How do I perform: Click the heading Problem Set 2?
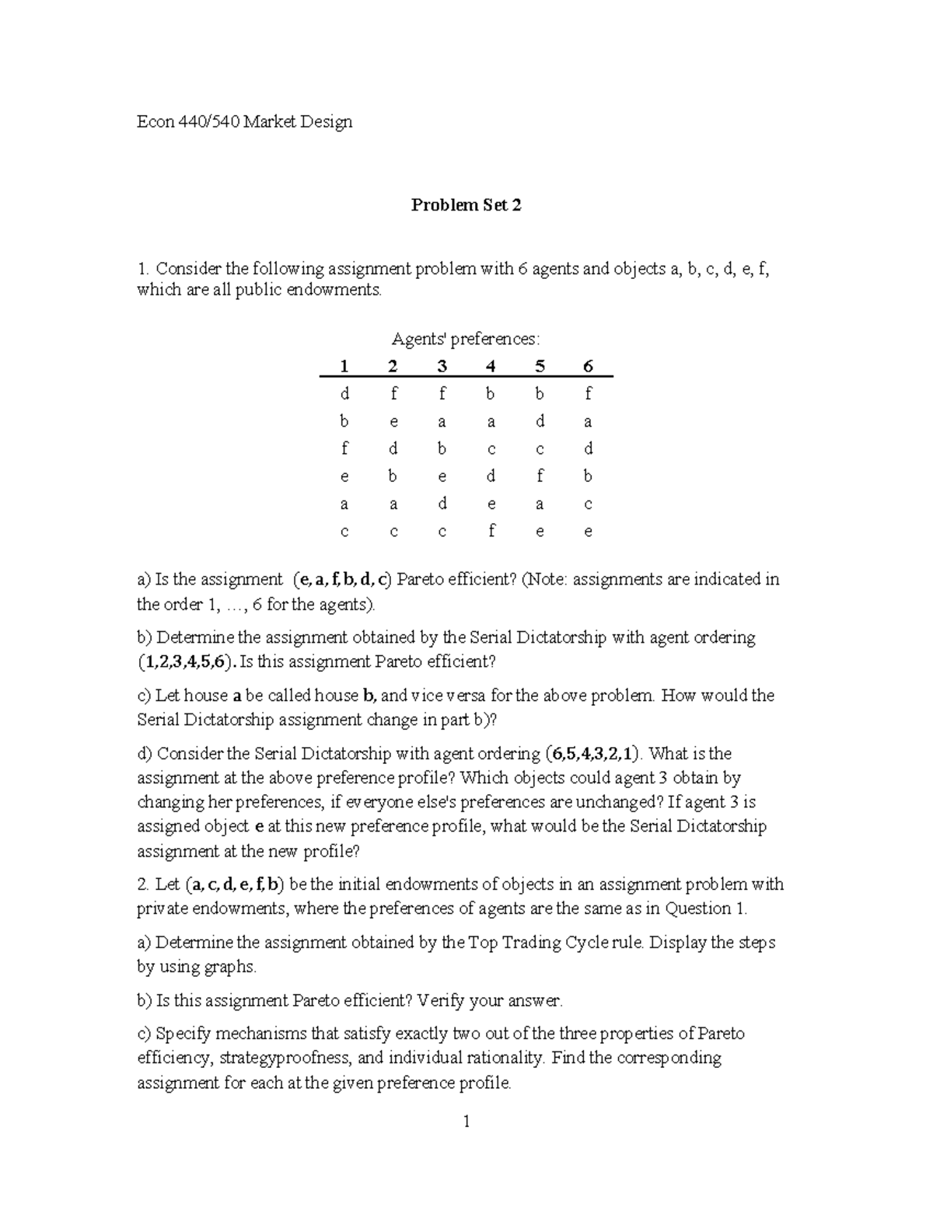click(x=466, y=205)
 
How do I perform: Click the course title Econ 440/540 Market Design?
click(x=244, y=121)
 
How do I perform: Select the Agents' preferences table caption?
click(x=465, y=339)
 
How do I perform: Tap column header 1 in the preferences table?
click(x=344, y=366)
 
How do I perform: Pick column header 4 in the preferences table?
click(x=491, y=366)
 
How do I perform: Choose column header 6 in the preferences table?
click(x=588, y=366)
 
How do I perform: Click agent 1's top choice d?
click(x=344, y=394)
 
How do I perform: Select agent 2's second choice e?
click(x=393, y=422)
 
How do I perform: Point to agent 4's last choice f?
click(x=491, y=532)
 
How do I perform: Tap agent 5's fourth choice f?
click(x=540, y=476)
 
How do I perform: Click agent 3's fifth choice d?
click(x=442, y=504)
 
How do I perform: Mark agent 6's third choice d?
click(x=588, y=449)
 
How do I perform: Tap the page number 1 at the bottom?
click(x=466, y=1122)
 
